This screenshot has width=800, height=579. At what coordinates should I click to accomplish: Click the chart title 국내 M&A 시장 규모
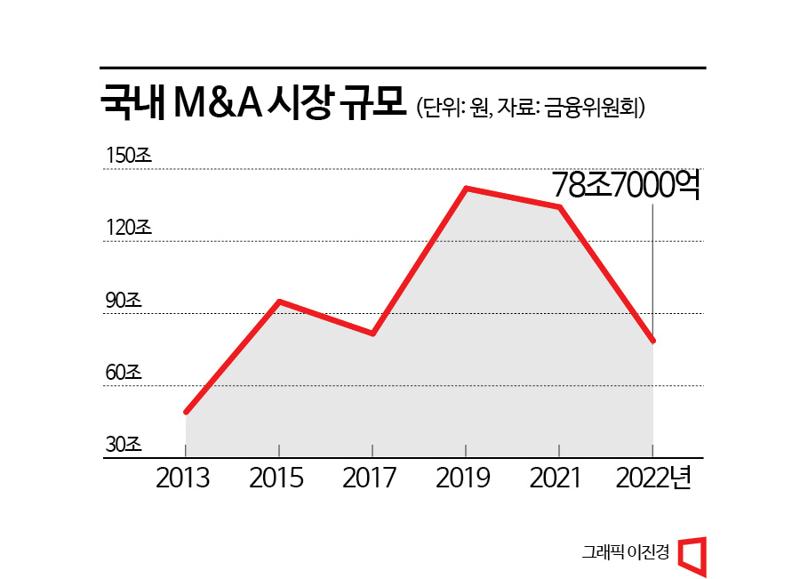pyautogui.click(x=252, y=104)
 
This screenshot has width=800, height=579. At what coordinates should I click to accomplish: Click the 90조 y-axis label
pyautogui.click(x=124, y=301)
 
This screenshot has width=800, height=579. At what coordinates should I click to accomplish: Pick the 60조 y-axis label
pyautogui.click(x=124, y=373)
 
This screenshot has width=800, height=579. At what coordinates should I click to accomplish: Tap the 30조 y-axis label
pyautogui.click(x=124, y=445)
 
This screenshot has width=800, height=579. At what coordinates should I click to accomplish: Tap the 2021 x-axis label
pyautogui.click(x=556, y=478)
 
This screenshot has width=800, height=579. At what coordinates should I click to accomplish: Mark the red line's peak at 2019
pyautogui.click(x=466, y=189)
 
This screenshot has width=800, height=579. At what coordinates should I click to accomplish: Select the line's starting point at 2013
pyautogui.click(x=186, y=412)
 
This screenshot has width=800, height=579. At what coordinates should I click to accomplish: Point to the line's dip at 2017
pyautogui.click(x=372, y=334)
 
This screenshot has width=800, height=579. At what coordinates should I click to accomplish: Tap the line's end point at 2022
pyautogui.click(x=653, y=341)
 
